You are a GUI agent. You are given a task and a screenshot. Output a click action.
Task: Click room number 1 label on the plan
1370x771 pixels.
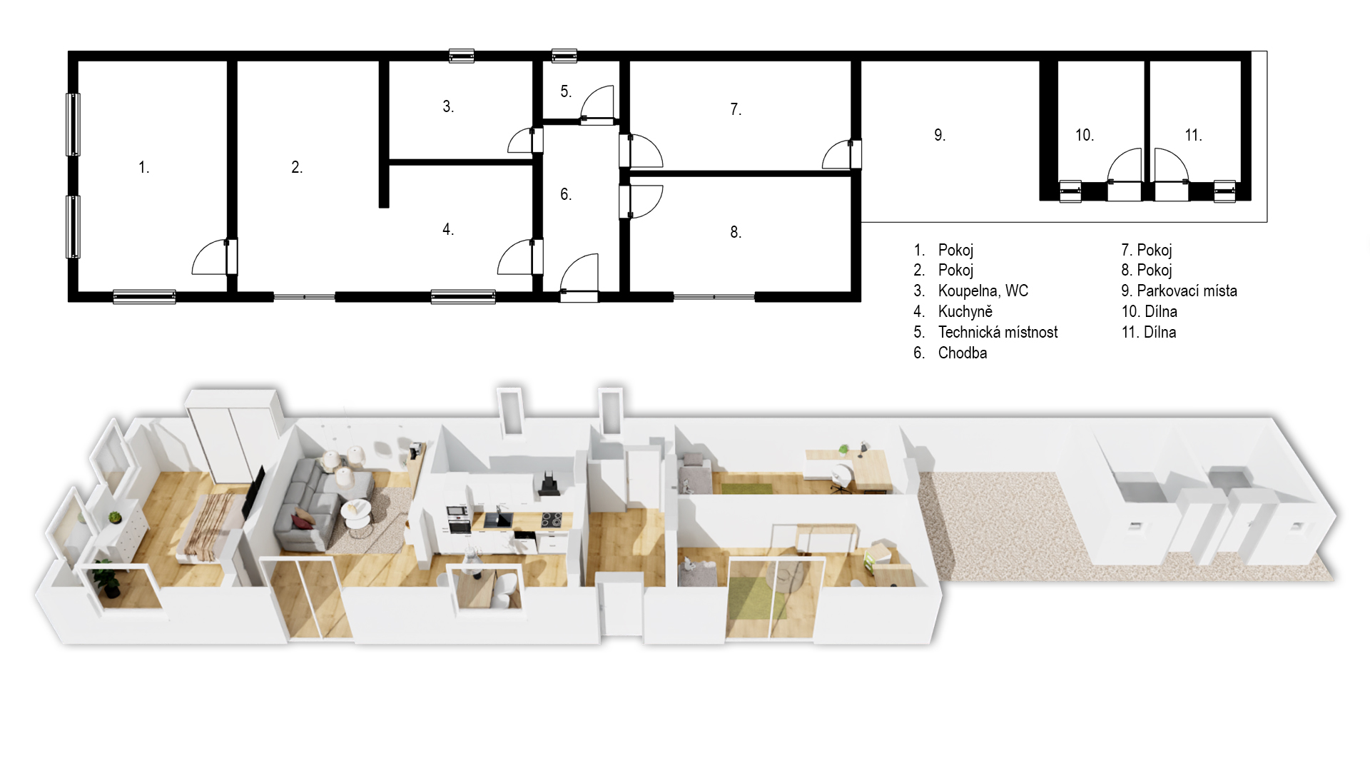[143, 167]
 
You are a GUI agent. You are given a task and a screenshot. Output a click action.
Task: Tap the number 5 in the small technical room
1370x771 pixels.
[566, 91]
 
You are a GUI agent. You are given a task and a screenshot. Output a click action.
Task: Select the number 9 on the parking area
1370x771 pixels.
[940, 135]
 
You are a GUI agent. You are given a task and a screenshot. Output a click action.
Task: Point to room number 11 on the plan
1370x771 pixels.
[1193, 135]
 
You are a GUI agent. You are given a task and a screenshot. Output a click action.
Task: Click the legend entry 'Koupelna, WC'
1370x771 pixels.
[983, 291]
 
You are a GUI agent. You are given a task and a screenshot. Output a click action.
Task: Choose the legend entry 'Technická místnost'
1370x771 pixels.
[998, 332]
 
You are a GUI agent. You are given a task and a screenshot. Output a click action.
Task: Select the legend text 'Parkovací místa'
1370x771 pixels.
[1187, 291]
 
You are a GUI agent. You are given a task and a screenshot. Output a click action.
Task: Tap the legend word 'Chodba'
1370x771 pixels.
[963, 353]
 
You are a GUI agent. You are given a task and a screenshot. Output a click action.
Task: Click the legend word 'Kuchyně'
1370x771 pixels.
[965, 311]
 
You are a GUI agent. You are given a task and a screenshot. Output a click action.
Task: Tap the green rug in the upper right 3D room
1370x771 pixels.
[746, 489]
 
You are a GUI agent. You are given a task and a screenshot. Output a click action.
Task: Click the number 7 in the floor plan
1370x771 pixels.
[736, 109]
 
